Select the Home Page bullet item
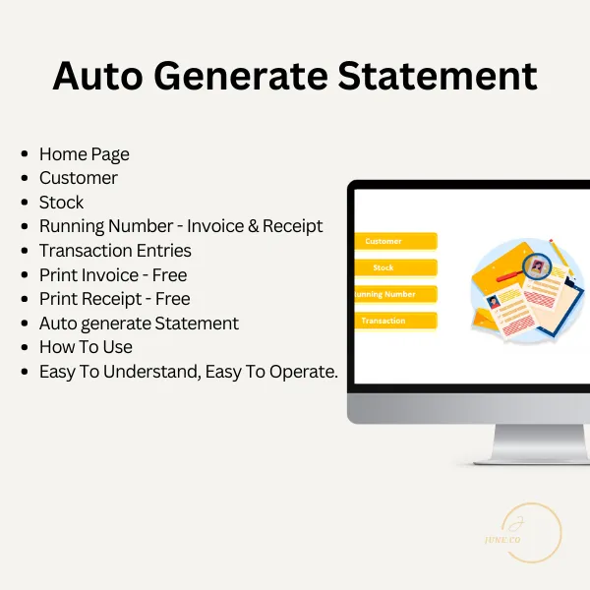click(x=84, y=154)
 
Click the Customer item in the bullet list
click(x=78, y=178)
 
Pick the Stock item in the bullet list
click(x=61, y=203)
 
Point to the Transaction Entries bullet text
click(x=115, y=251)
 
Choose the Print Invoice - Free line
click(x=112, y=274)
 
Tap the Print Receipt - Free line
click(x=114, y=299)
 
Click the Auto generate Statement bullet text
click(x=139, y=323)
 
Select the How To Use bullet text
click(x=86, y=347)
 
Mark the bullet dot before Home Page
click(x=24, y=155)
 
